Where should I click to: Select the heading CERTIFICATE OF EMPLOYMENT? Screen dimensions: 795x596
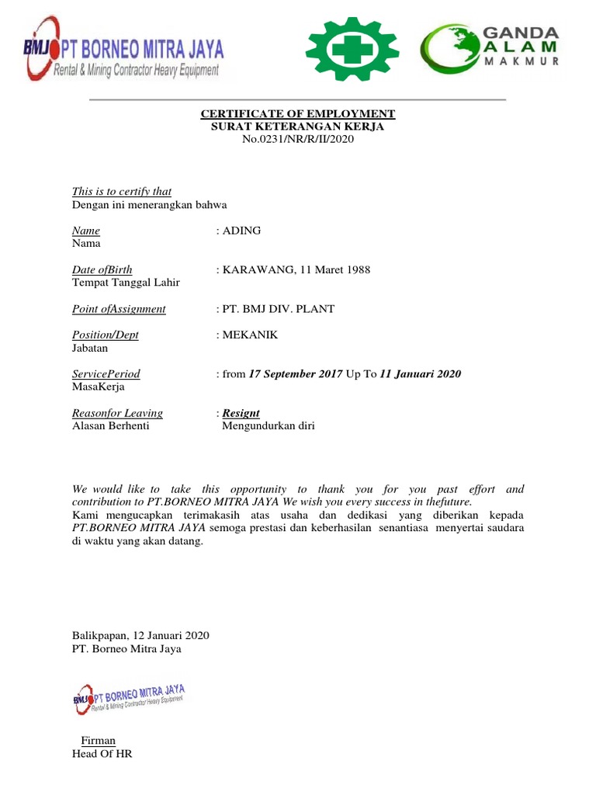point(298,114)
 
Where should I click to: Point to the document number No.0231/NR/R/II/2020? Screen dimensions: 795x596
point(298,139)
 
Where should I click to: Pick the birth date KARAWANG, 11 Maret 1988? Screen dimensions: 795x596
point(296,270)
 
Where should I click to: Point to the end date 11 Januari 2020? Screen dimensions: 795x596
point(420,374)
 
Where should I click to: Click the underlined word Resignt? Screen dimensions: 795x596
point(241,414)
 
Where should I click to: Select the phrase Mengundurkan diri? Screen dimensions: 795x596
point(269,426)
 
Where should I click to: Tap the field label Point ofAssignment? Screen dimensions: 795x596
point(119,309)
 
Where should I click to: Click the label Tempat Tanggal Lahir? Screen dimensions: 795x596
point(126,283)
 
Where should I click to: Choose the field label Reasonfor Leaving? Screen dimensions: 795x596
point(117,414)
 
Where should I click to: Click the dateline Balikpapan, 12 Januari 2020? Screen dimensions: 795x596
point(140,636)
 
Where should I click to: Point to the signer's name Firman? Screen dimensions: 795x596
point(98,741)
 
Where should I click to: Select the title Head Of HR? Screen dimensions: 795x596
point(102,754)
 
